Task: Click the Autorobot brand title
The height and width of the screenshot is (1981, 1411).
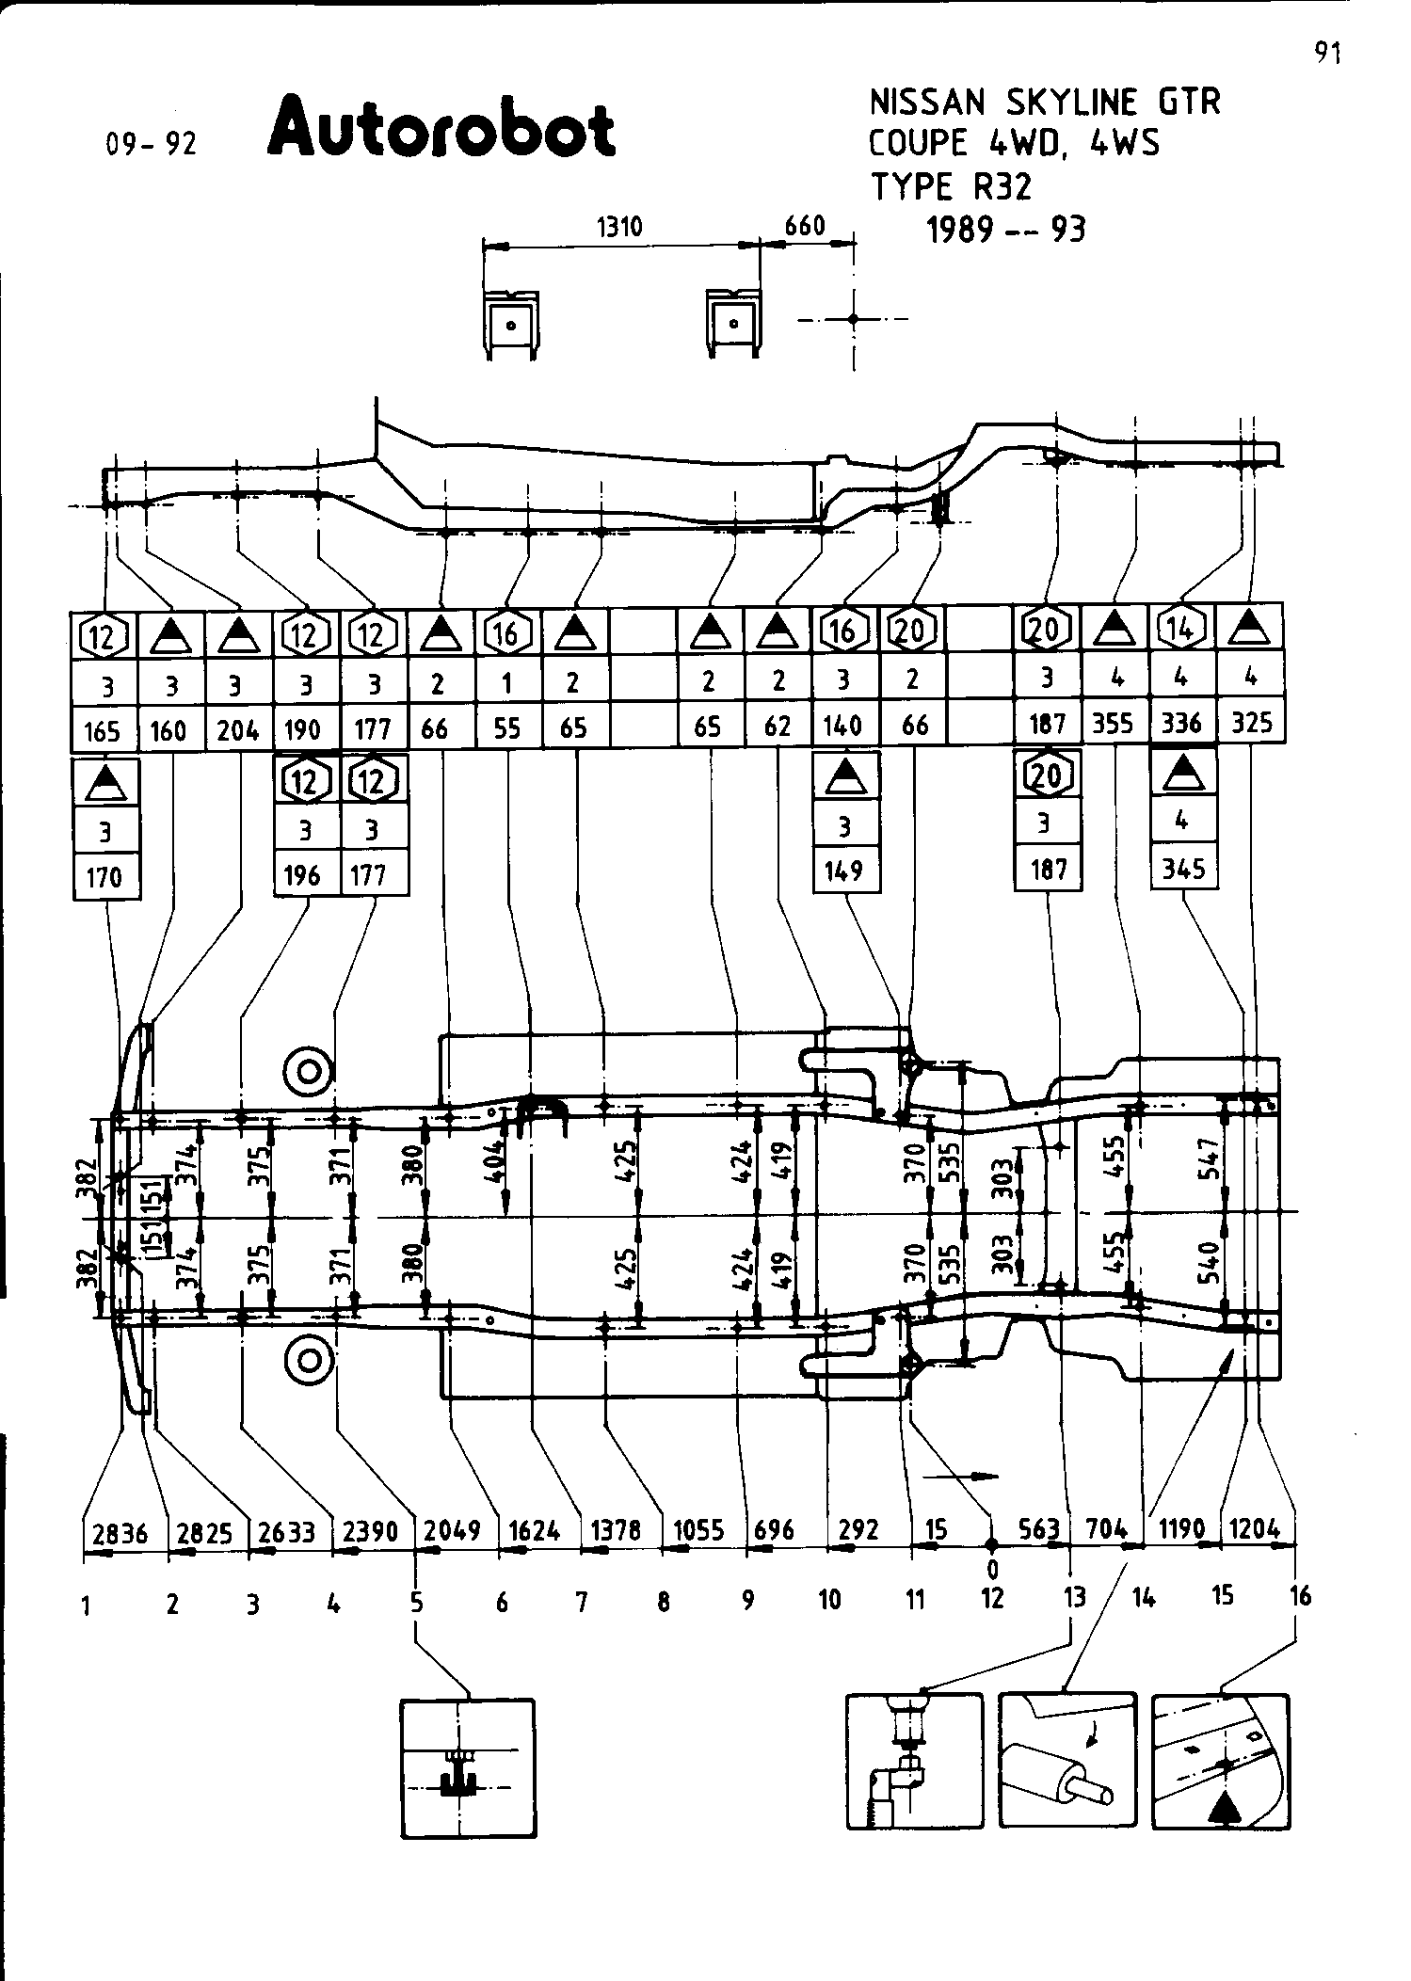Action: (x=441, y=126)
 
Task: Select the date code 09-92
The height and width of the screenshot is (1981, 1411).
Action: (x=152, y=144)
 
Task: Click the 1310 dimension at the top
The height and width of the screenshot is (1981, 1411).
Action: (x=619, y=227)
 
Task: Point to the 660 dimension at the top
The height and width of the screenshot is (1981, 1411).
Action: (x=805, y=226)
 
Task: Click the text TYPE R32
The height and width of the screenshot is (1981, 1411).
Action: (x=951, y=187)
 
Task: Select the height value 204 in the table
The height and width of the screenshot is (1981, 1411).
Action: (x=238, y=730)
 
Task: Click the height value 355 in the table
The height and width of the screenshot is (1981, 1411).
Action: (x=1114, y=725)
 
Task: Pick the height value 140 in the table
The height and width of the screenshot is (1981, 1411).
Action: (x=842, y=726)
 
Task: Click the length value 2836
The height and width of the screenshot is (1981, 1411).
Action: (x=121, y=1534)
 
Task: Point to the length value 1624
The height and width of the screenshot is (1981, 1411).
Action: (x=535, y=1531)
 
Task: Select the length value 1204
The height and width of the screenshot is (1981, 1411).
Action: (x=1255, y=1529)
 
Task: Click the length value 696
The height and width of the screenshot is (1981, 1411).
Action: (x=775, y=1531)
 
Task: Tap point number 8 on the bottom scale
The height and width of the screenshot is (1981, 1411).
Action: (x=664, y=1601)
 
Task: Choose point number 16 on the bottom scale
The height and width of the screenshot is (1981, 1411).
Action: (x=1299, y=1596)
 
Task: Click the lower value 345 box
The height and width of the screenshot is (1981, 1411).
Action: (x=1184, y=869)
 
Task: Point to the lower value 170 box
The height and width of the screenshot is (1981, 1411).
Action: (x=104, y=877)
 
